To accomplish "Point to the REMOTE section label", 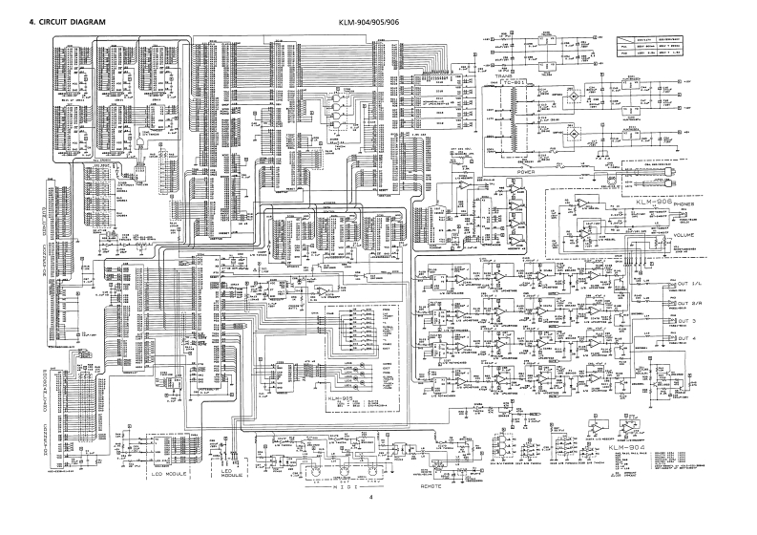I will (432, 485).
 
